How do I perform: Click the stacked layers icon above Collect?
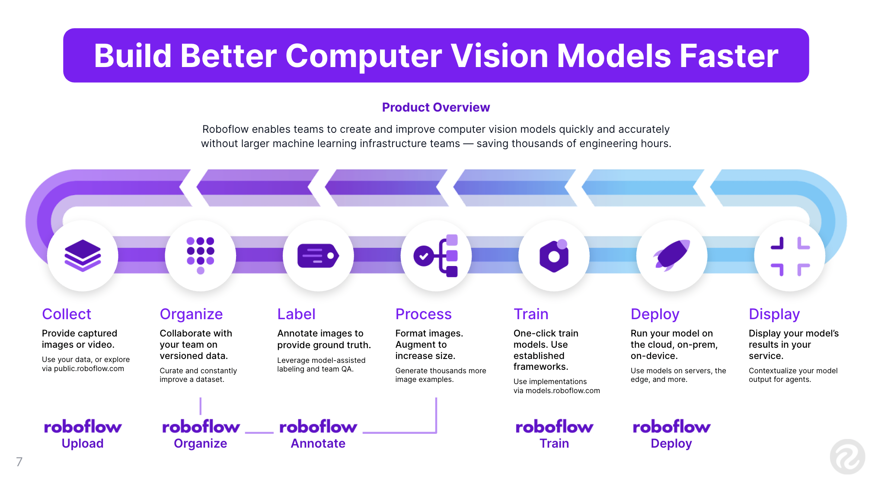(x=83, y=255)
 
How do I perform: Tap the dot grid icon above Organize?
(x=200, y=255)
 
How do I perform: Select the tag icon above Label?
(x=318, y=255)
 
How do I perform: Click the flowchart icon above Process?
(x=436, y=255)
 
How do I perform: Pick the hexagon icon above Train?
(x=554, y=255)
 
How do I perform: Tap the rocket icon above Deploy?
(x=671, y=255)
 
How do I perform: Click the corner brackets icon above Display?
(x=790, y=256)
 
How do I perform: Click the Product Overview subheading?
(x=436, y=107)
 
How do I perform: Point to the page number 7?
(x=19, y=462)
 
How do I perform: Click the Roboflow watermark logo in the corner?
(x=847, y=457)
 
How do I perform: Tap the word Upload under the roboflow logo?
(x=83, y=443)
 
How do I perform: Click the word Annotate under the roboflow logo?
(x=318, y=443)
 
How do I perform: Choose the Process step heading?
(x=423, y=314)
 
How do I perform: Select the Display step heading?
(x=774, y=314)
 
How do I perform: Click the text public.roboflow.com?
(x=89, y=368)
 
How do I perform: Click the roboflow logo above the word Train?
(x=554, y=427)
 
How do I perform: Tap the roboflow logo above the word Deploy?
(x=671, y=427)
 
